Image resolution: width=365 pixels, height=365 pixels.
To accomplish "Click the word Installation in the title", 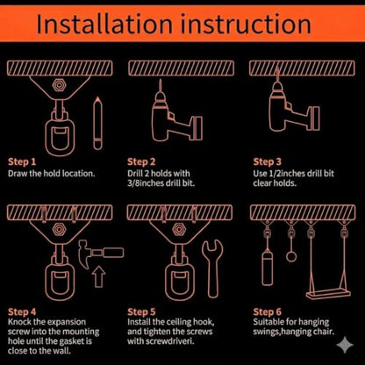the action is [x=104, y=25].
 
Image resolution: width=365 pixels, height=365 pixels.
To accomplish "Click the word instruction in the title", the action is [x=246, y=25].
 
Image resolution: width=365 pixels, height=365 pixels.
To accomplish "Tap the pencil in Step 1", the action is [x=97, y=124].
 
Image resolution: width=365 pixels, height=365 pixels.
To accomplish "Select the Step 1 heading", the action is [x=22, y=161].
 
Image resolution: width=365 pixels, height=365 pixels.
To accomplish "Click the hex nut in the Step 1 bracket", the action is [x=59, y=85].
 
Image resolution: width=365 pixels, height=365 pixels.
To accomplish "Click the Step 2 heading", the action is [x=141, y=161].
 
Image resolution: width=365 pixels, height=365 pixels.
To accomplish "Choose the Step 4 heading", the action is [x=22, y=311].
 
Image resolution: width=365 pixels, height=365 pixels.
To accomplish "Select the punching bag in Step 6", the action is [x=268, y=268].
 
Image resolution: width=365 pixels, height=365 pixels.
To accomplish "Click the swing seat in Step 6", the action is [x=328, y=294].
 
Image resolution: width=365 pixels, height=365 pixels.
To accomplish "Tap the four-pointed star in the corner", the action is [x=345, y=346].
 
